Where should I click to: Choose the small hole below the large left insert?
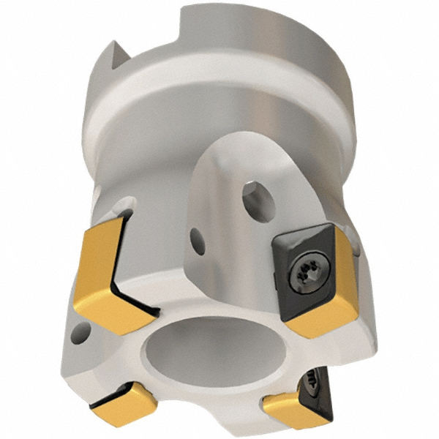[x=82, y=336]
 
